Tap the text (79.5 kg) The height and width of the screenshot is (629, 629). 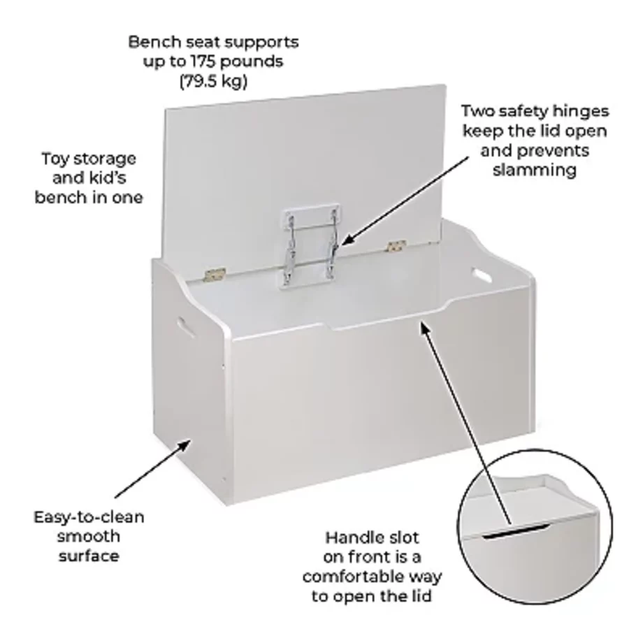click(213, 81)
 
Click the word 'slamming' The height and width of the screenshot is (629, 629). click(535, 170)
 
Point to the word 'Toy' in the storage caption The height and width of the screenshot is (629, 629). click(55, 159)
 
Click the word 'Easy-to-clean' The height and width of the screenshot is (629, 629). click(89, 517)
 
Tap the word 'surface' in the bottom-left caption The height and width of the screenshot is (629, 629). click(89, 556)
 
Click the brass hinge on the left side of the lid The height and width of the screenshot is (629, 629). click(215, 275)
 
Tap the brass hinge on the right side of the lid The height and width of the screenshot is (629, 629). click(396, 246)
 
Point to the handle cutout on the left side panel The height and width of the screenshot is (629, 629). click(186, 327)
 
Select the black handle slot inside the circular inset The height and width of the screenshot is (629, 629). click(514, 532)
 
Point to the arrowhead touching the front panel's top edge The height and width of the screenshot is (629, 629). click(425, 328)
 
